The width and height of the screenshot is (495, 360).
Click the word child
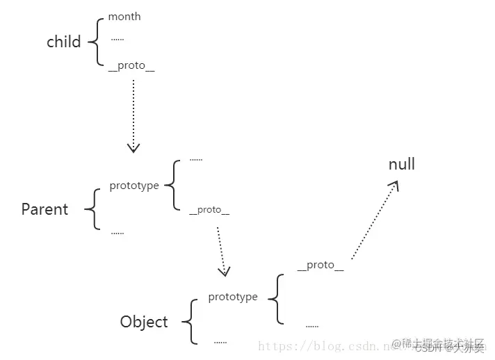coord(64,42)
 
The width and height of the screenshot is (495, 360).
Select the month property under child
coord(124,16)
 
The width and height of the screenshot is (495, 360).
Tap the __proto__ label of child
coord(131,65)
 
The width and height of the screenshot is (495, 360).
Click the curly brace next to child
coord(95,41)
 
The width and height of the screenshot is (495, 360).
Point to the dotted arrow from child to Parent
coord(133,115)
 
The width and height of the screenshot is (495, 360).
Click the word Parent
coord(44,209)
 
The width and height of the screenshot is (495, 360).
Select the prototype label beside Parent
coord(134,186)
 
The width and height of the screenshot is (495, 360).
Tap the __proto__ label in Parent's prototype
coord(209,210)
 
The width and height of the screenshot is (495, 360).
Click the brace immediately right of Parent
coord(92,208)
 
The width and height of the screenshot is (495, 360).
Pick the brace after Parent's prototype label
coord(171,185)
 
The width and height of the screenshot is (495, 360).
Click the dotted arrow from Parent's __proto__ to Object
coord(220,249)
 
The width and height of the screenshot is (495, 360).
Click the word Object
coord(144,322)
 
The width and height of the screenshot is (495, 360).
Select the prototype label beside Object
coord(233,297)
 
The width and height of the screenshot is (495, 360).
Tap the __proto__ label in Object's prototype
coord(320,265)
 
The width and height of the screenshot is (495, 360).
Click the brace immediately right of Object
coord(188,322)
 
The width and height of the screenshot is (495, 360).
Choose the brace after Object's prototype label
coord(276,298)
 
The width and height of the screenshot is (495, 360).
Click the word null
coord(402,164)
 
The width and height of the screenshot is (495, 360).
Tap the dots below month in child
coord(117,40)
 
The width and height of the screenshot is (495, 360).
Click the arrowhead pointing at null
coord(395,186)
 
